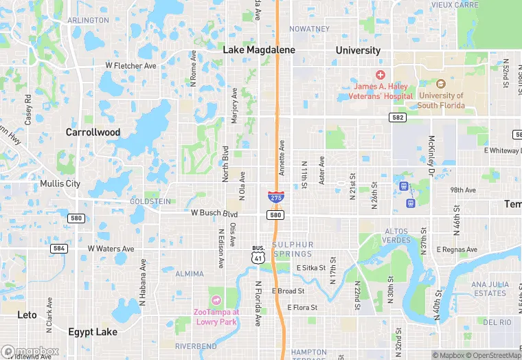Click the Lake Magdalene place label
pos(259,50)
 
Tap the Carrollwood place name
pos(93,132)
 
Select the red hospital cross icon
pos(380,74)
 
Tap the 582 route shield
pos(398,117)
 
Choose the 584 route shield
pos(59,248)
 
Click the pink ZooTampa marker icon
pos(216,300)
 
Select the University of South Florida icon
pos(440,84)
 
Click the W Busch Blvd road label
pos(214,214)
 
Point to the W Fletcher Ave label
pos(130,66)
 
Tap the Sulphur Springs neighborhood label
pos(293,249)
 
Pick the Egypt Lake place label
pos(93,332)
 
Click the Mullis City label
pos(60,183)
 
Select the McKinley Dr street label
pos(432,153)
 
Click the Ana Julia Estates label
pos(489,289)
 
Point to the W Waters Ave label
pos(111,249)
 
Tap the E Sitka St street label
pos(314,268)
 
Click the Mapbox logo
pos(30,351)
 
